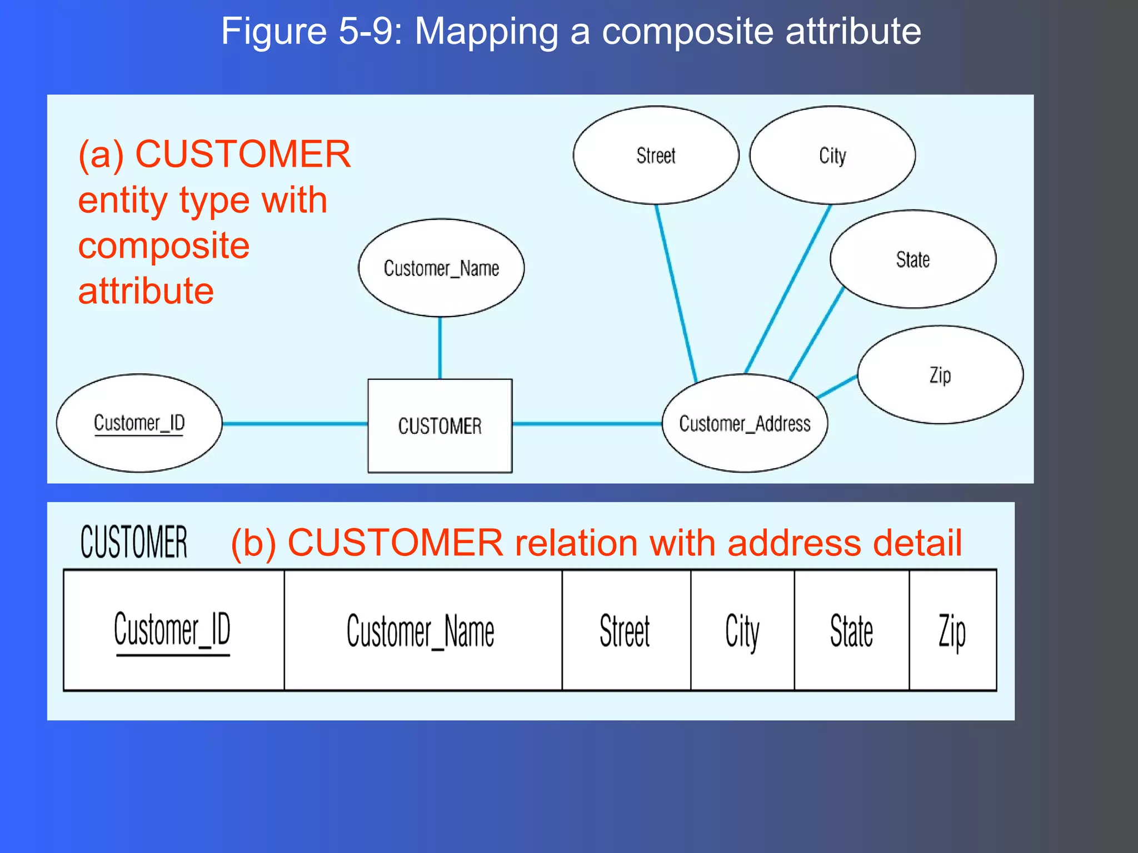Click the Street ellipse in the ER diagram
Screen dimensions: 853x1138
(656, 155)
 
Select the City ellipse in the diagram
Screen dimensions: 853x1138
(832, 155)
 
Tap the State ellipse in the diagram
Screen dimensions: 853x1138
(912, 259)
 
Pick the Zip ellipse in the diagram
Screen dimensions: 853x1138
(940, 375)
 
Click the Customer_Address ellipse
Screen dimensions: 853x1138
(745, 424)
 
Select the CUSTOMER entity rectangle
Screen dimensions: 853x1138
(440, 426)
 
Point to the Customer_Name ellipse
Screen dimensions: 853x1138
(441, 268)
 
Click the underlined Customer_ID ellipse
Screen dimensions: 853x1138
(139, 423)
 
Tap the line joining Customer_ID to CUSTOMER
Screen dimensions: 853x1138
(295, 424)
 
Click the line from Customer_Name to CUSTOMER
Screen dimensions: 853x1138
(440, 348)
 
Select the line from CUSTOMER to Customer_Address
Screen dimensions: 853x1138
(587, 424)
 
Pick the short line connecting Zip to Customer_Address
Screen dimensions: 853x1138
(837, 387)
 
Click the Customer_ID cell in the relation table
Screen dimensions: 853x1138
(173, 630)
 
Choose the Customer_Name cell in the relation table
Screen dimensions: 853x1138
(422, 630)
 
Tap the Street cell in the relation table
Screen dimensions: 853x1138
(626, 630)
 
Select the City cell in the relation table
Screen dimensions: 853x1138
(742, 630)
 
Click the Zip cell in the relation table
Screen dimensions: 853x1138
(952, 630)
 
